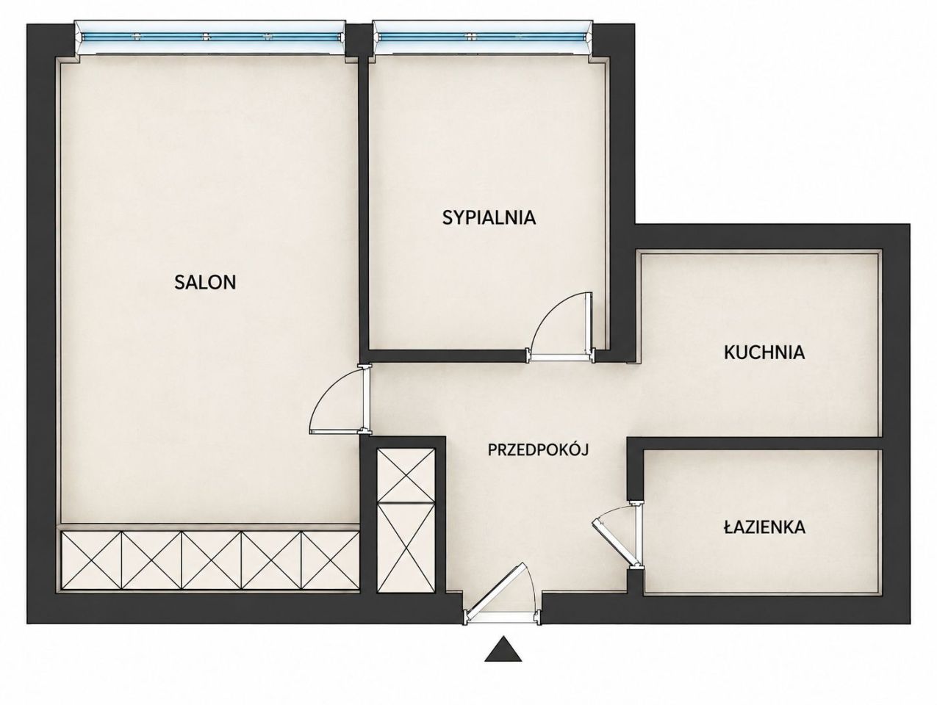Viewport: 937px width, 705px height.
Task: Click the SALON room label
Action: point(205,283)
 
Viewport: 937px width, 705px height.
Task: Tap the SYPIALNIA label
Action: point(489,217)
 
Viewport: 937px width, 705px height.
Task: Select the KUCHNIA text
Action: point(764,352)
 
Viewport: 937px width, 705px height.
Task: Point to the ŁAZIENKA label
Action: point(764,527)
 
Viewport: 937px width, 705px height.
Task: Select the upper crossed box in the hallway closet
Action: point(406,474)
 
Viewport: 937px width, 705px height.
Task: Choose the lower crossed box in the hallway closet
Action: point(406,548)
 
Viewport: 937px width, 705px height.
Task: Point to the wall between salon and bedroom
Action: point(363,205)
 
